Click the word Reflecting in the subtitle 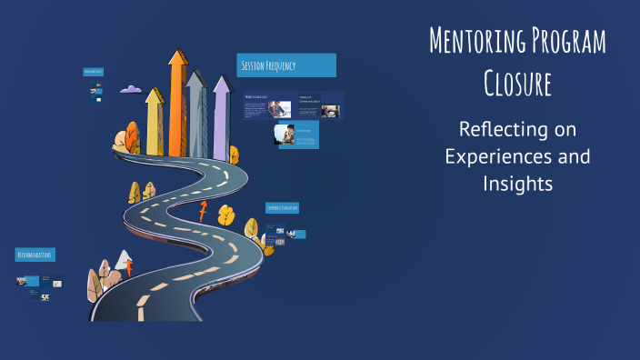click(517, 129)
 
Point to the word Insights click(517, 184)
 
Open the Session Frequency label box click(285, 65)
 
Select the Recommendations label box click(35, 255)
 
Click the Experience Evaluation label click(283, 208)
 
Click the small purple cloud click(131, 89)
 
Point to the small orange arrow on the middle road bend click(202, 212)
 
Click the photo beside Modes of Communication click(330, 111)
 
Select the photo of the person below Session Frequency click(285, 135)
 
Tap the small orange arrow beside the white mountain click(129, 268)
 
